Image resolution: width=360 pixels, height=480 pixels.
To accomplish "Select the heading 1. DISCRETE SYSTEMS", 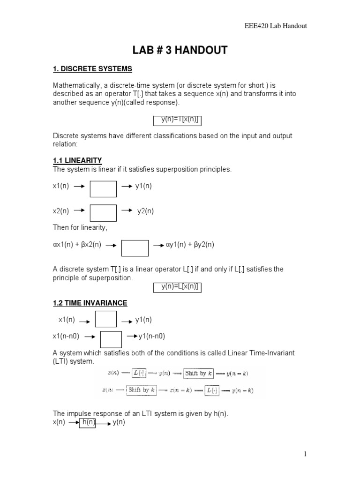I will (x=92, y=69).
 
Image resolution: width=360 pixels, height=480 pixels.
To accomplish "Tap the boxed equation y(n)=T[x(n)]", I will (x=178, y=120).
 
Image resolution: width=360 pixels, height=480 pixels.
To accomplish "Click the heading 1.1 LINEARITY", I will (x=77, y=160).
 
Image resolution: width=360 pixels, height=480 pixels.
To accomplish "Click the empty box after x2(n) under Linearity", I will (x=103, y=212).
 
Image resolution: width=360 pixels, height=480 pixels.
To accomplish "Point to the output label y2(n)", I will (x=145, y=211).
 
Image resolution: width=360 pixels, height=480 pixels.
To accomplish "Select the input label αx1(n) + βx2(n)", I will (x=77, y=245).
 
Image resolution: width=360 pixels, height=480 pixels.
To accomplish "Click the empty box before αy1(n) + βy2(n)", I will (x=135, y=248).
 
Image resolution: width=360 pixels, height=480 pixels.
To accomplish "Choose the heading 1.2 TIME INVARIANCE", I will (x=90, y=303).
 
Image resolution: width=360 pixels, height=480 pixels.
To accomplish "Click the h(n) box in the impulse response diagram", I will (x=88, y=422).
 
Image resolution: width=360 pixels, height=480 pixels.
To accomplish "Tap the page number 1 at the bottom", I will (x=305, y=454).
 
